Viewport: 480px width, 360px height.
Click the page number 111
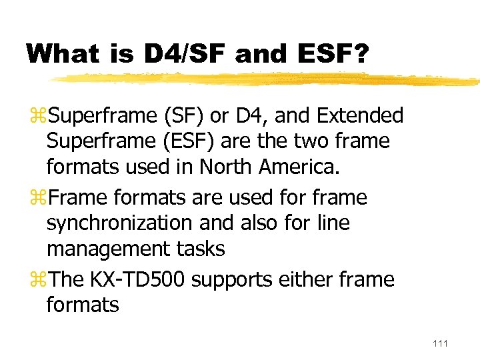coord(441,343)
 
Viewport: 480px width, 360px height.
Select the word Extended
coord(360,116)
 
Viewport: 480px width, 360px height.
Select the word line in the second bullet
coord(332,223)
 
